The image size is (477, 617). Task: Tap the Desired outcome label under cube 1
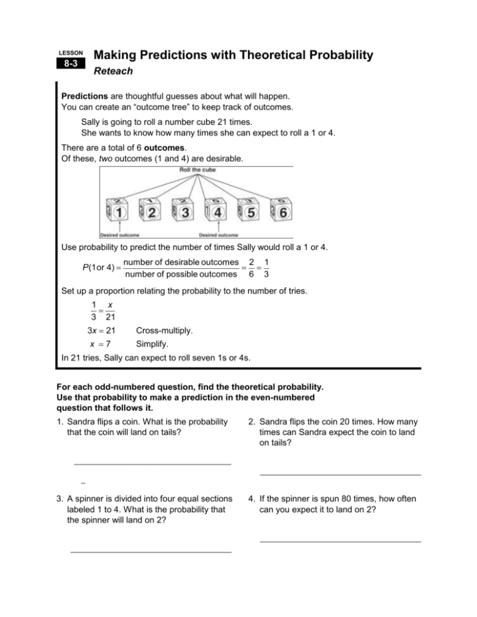(120, 235)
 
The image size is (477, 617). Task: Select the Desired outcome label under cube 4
(218, 235)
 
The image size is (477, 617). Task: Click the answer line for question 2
(340, 475)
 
